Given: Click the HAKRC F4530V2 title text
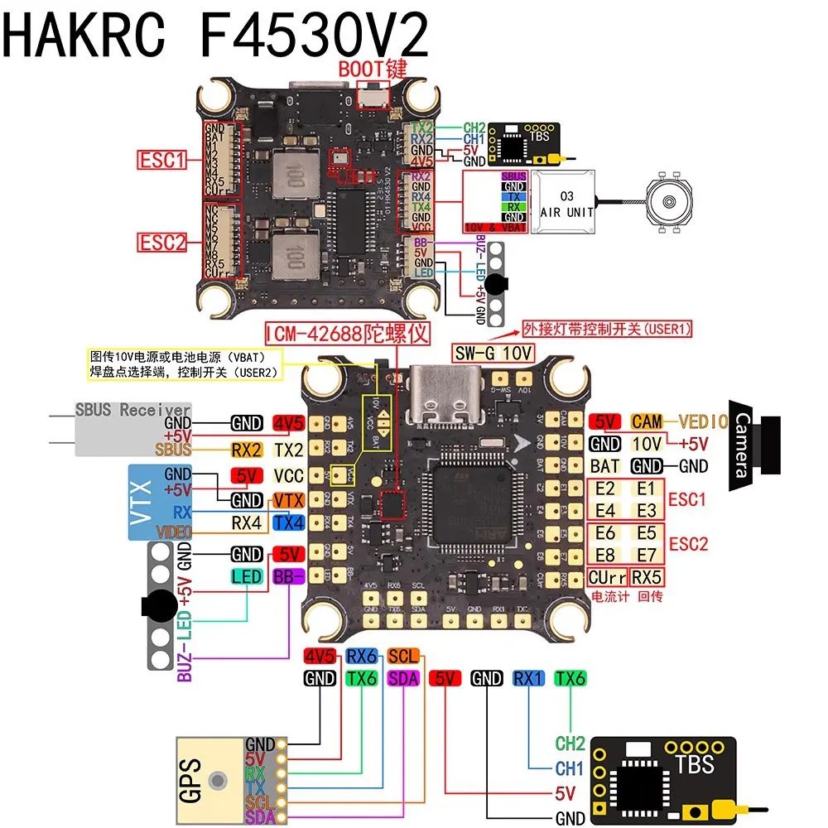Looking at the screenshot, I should [217, 35].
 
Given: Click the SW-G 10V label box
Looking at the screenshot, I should [492, 352].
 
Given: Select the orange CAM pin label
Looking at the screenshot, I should [646, 421].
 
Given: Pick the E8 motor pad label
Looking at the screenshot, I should [606, 554].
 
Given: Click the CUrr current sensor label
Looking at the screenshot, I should [607, 576].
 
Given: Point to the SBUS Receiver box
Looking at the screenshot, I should [132, 429].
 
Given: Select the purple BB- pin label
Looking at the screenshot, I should [288, 576].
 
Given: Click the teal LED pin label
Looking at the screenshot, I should [247, 576].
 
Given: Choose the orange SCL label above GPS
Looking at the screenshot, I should [403, 657].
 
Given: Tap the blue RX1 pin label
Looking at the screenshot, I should [527, 679].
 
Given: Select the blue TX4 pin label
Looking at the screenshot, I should [288, 522].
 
